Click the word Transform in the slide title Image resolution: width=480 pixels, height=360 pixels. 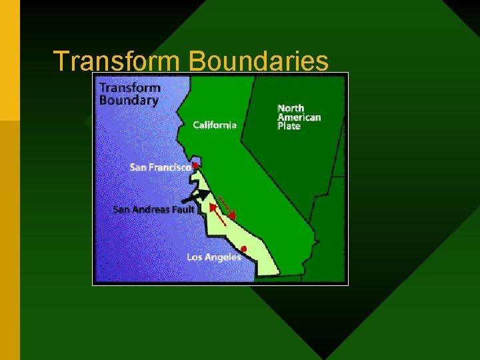pos(117,61)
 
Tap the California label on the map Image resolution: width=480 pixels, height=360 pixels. pos(215,125)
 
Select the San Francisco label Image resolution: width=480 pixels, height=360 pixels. pos(160,167)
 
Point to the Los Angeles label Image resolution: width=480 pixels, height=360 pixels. pos(214,257)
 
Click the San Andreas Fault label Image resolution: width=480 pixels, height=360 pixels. pos(154,209)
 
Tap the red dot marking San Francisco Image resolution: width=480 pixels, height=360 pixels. pos(195,164)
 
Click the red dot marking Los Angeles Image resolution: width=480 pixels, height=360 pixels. pos(244,249)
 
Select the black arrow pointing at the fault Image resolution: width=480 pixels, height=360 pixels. pos(196,197)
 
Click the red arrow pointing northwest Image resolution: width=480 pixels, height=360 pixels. pos(217,215)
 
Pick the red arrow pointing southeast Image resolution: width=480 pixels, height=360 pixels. pos(227,206)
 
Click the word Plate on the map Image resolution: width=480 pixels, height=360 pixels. pos(289,126)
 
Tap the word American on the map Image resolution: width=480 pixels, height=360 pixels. pos(299,117)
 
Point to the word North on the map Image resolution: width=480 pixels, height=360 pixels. pos(291,108)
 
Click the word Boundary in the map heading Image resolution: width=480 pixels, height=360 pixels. pos(129,101)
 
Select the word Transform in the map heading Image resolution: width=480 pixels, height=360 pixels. pos(130,87)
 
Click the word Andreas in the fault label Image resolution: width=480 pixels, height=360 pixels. pos(151,209)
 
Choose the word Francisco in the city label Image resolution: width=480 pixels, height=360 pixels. pos(169,167)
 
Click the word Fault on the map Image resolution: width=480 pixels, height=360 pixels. pos(183,209)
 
